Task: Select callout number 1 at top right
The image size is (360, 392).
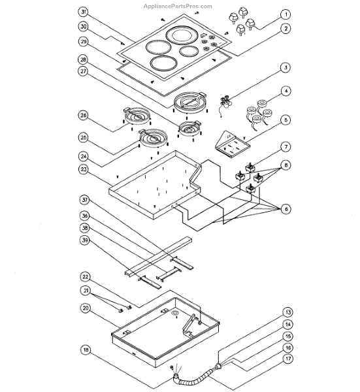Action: point(285,14)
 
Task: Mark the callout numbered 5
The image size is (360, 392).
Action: point(285,120)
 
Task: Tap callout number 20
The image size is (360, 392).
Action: point(84,307)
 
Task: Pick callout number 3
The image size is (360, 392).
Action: point(285,68)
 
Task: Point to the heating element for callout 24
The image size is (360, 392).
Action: point(154,139)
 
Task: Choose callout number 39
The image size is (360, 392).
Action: point(84,242)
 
